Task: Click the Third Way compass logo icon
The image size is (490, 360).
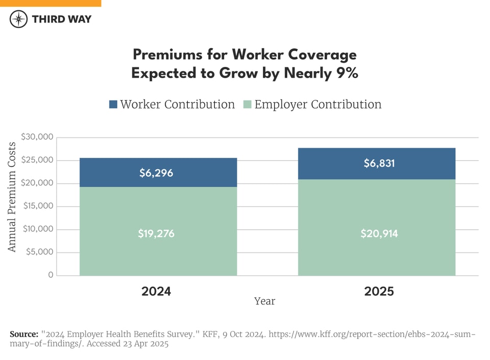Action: point(19,19)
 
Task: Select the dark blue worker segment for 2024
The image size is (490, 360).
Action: point(158,173)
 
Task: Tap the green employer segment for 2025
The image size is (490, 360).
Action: point(377,227)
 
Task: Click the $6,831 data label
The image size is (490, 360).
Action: point(379,164)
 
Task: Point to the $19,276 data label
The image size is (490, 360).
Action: point(156,234)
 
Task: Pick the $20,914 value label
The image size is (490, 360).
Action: point(379,234)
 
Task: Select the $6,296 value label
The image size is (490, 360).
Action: point(156,173)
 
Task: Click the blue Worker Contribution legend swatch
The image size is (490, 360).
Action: point(113,105)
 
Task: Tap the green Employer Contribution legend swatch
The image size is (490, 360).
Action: point(247,105)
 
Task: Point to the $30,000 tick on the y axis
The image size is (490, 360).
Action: point(37,137)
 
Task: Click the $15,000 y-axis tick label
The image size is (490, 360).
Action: point(37,206)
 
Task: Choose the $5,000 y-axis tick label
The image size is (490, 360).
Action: point(39,252)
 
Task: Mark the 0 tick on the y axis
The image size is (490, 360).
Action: point(51,275)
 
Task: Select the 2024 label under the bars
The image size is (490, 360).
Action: point(156,292)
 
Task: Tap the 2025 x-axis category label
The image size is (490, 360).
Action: point(379,292)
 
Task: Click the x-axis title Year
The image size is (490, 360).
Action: point(264,301)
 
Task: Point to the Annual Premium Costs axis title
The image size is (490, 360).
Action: point(13,197)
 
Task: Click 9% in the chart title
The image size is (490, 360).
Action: point(347,73)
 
